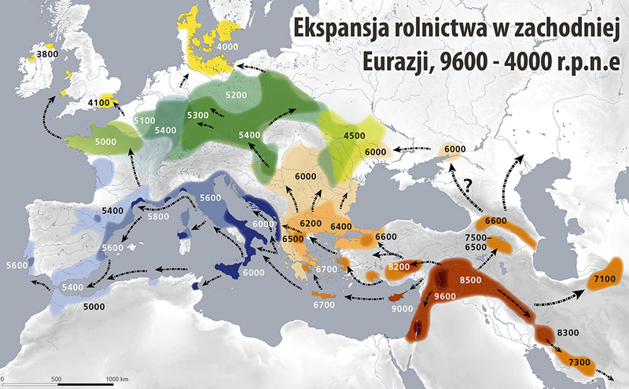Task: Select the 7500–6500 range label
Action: (x=478, y=242)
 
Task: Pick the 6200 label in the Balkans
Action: (x=310, y=225)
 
